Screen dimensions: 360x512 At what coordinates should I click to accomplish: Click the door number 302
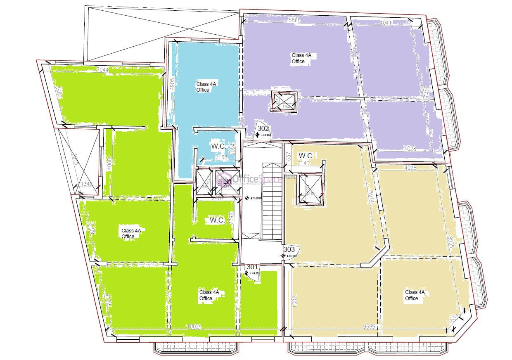click(263, 128)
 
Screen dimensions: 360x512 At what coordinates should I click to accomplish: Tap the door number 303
click(289, 249)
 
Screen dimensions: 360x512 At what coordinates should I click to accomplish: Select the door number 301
click(251, 267)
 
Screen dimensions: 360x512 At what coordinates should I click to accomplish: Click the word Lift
click(227, 181)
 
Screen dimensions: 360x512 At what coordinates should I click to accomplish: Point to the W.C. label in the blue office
click(218, 146)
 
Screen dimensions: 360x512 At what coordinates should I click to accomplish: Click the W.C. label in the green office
click(217, 220)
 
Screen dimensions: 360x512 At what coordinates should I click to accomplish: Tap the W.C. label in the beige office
click(306, 156)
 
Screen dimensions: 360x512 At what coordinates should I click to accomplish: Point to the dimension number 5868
click(294, 20)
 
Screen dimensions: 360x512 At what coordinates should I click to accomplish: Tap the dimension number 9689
click(369, 327)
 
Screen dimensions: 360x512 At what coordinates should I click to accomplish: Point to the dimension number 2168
click(221, 157)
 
